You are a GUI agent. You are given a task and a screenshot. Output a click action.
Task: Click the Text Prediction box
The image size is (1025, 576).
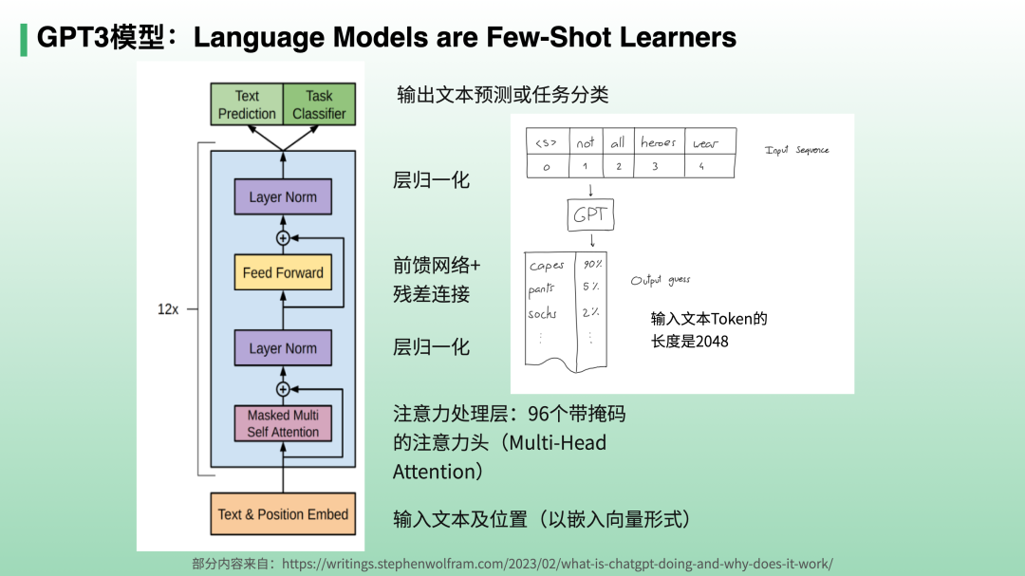tap(247, 104)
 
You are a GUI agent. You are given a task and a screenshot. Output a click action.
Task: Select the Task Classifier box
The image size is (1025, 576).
tap(319, 104)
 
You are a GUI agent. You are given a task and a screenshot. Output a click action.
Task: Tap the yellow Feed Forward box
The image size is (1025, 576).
tap(283, 272)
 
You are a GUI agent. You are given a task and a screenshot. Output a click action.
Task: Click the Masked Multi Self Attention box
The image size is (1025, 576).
tap(283, 423)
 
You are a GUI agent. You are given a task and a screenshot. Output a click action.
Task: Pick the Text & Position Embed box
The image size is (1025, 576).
tap(283, 514)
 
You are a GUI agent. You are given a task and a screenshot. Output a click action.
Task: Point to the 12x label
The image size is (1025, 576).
tap(168, 309)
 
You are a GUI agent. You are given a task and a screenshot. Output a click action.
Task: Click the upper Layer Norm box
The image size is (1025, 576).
tap(283, 197)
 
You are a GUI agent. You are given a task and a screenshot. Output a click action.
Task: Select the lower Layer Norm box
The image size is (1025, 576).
tap(283, 348)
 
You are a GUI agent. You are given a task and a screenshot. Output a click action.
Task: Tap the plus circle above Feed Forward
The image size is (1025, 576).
tap(282, 237)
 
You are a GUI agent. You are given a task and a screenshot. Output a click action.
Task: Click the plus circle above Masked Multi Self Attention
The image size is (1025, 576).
tap(282, 389)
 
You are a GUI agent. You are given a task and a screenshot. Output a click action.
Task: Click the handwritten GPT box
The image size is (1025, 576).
tap(589, 215)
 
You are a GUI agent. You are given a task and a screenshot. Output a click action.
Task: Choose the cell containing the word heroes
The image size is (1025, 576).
tap(659, 142)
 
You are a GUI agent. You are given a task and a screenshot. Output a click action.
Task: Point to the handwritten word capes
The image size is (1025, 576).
tap(548, 266)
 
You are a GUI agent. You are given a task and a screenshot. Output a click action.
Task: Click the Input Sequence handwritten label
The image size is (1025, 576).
tap(797, 150)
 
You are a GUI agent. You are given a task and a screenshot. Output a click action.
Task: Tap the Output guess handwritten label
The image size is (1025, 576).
tap(661, 281)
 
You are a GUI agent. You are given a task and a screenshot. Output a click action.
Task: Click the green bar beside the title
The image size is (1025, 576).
tap(23, 38)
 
